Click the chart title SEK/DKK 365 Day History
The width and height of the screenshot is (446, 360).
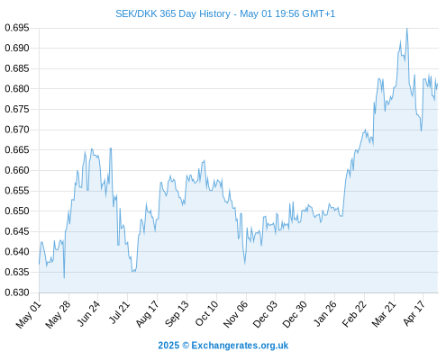pos(173,13)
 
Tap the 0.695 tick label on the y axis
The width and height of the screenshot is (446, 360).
pos(17,28)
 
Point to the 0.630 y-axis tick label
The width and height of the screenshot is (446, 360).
pos(17,292)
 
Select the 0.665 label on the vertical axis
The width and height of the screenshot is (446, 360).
pos(17,149)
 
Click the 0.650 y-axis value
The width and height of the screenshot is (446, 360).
pos(17,211)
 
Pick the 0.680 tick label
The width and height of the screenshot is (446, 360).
pos(17,89)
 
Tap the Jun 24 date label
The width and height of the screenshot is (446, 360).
pos(89,313)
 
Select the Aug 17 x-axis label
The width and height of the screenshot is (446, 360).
pos(147,314)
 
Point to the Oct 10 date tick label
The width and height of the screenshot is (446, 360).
pos(207,313)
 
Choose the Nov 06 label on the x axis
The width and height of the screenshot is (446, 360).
pos(236,314)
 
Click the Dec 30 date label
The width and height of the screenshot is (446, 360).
pos(296,314)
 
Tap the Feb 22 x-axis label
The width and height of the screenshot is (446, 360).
pos(355,314)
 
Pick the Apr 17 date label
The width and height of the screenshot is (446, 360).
pos(414,313)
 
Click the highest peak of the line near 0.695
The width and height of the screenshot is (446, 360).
pos(407,29)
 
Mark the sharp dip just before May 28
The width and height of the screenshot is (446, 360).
pos(64,278)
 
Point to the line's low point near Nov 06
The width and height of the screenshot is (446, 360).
pos(245,264)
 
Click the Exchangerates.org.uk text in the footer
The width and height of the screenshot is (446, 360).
pos(240,346)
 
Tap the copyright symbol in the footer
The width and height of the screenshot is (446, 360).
pos(186,346)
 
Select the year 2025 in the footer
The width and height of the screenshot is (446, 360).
pos(168,346)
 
